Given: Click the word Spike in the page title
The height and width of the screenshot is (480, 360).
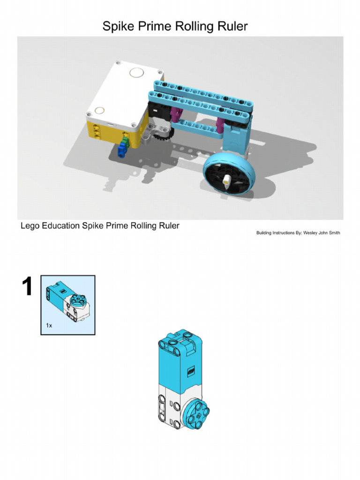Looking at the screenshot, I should (118, 26).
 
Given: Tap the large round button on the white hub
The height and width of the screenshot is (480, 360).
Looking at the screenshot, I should (136, 73).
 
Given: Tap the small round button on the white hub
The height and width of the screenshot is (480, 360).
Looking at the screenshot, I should (99, 111).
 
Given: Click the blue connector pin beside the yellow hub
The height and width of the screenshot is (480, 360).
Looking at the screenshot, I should (122, 150).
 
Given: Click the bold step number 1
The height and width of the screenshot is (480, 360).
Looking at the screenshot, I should (27, 287).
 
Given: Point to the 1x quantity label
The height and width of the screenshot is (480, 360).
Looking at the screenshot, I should (49, 325).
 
